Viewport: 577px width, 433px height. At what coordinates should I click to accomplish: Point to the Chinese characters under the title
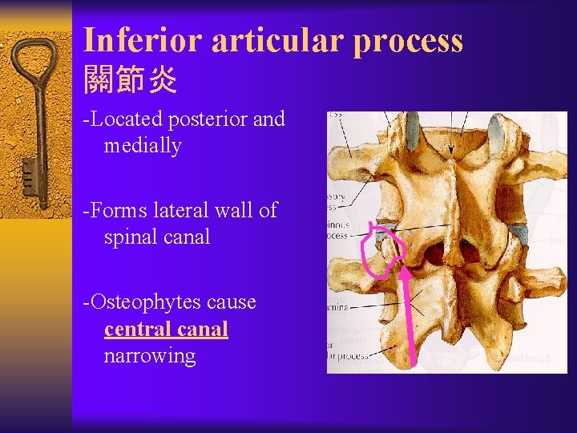(130, 81)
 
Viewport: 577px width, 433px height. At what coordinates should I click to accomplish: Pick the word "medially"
(143, 146)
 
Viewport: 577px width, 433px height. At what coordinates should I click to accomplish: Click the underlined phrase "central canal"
(166, 330)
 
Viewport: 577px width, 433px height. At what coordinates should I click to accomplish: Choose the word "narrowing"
(150, 356)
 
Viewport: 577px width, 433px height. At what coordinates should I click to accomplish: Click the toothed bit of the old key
(30, 177)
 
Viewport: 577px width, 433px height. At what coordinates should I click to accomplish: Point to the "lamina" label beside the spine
(337, 306)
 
